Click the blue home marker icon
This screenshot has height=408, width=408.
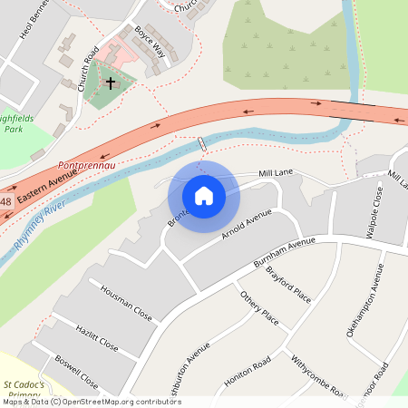[204, 195]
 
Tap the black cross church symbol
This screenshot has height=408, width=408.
[111, 83]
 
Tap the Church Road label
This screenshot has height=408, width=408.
[89, 68]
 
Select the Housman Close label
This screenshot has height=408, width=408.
[126, 302]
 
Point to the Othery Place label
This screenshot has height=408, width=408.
[259, 307]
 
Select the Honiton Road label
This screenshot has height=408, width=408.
[248, 370]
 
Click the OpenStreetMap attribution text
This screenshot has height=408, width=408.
[91, 402]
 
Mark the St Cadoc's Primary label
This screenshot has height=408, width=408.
[22, 390]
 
